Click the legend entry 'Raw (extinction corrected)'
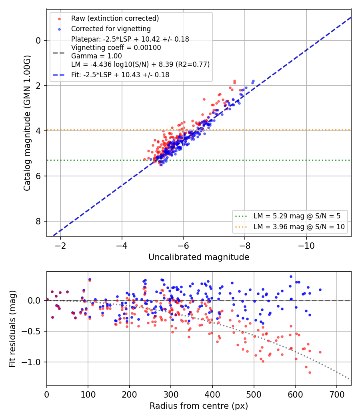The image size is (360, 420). [x=115, y=18]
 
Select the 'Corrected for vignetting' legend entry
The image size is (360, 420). [x=111, y=29]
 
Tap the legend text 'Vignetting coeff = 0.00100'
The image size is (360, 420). [x=116, y=48]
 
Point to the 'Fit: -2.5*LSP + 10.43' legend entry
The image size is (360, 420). [x=120, y=75]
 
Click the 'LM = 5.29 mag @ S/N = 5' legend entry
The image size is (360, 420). [x=297, y=216]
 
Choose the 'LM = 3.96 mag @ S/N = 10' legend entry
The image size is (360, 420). [x=299, y=227]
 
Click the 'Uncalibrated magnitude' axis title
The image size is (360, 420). [x=199, y=257]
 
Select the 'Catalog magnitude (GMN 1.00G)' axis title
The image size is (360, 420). [x=27, y=123]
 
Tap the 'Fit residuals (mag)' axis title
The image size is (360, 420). [x=12, y=329]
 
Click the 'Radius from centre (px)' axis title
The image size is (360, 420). [x=199, y=406]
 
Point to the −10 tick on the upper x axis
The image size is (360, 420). [x=306, y=245]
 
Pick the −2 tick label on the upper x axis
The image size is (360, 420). [x=60, y=245]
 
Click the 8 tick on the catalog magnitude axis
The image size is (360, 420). [x=38, y=221]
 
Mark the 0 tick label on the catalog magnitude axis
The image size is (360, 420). [x=38, y=40]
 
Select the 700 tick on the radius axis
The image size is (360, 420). [x=337, y=394]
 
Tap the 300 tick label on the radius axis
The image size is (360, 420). [x=171, y=394]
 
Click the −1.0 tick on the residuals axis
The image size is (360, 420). [x=32, y=362]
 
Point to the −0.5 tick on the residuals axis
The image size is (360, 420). [x=32, y=331]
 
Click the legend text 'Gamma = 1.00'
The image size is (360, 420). [x=96, y=56]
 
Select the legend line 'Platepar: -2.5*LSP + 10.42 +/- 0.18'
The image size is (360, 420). [x=130, y=39]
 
